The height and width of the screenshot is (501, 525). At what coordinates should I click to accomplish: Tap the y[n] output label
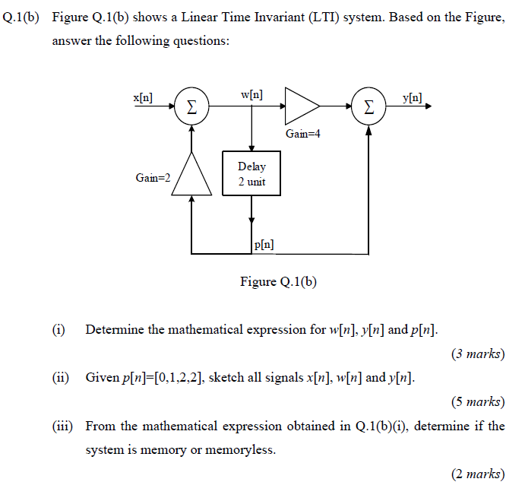(x=413, y=98)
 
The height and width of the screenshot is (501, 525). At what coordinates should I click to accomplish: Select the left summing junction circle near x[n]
(x=192, y=107)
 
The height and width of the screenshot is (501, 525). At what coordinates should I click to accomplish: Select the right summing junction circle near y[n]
(x=368, y=107)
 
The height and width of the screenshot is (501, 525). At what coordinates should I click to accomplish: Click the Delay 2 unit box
(x=251, y=174)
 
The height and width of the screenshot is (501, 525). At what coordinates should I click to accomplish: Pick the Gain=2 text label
(x=153, y=177)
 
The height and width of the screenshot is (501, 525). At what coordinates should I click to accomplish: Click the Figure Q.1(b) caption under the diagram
(x=278, y=282)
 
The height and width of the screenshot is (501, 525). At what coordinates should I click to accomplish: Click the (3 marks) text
(x=477, y=354)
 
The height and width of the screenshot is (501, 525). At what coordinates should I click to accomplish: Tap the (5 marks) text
(x=477, y=401)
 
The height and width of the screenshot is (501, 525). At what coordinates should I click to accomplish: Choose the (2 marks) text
(x=477, y=474)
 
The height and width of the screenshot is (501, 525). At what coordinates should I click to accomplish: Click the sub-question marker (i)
(x=59, y=330)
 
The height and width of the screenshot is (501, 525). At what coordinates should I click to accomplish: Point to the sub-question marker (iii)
(x=62, y=426)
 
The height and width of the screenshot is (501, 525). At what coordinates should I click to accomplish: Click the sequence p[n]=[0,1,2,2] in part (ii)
(x=165, y=378)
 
